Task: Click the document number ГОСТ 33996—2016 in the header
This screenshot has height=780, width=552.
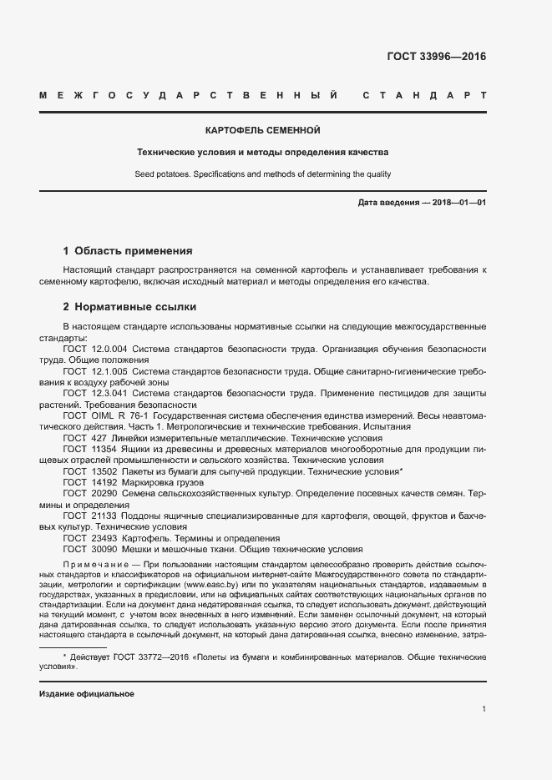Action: tap(436, 58)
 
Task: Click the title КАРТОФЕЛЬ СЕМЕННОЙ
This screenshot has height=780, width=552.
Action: tap(262, 131)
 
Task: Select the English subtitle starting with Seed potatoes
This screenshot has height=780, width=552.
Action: tap(262, 174)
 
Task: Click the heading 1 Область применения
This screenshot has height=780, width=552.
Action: tap(128, 250)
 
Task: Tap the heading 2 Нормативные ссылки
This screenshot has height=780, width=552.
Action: tap(129, 306)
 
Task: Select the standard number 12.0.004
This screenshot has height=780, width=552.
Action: tap(109, 350)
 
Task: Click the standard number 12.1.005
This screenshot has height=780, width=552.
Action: tap(109, 371)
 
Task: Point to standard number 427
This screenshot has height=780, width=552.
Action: tap(99, 436)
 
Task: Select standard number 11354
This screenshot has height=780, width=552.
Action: tap(104, 448)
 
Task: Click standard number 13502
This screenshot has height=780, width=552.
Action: tap(104, 471)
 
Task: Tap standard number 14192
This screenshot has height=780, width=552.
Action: tap(104, 482)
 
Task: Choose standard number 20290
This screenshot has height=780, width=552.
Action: tap(104, 494)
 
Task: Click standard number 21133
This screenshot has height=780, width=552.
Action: tap(104, 516)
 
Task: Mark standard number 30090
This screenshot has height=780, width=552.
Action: tap(104, 550)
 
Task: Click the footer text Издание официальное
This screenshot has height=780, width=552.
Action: tap(87, 694)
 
